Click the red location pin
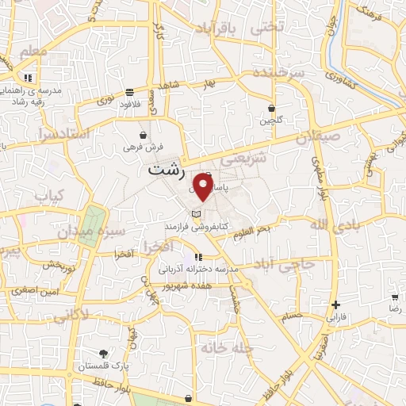[204, 187]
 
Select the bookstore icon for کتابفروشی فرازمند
[196, 213]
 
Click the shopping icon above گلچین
[271, 108]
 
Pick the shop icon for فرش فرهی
[143, 135]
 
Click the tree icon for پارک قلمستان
[103, 354]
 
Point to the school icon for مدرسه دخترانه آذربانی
[197, 256]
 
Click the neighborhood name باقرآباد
[213, 29]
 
